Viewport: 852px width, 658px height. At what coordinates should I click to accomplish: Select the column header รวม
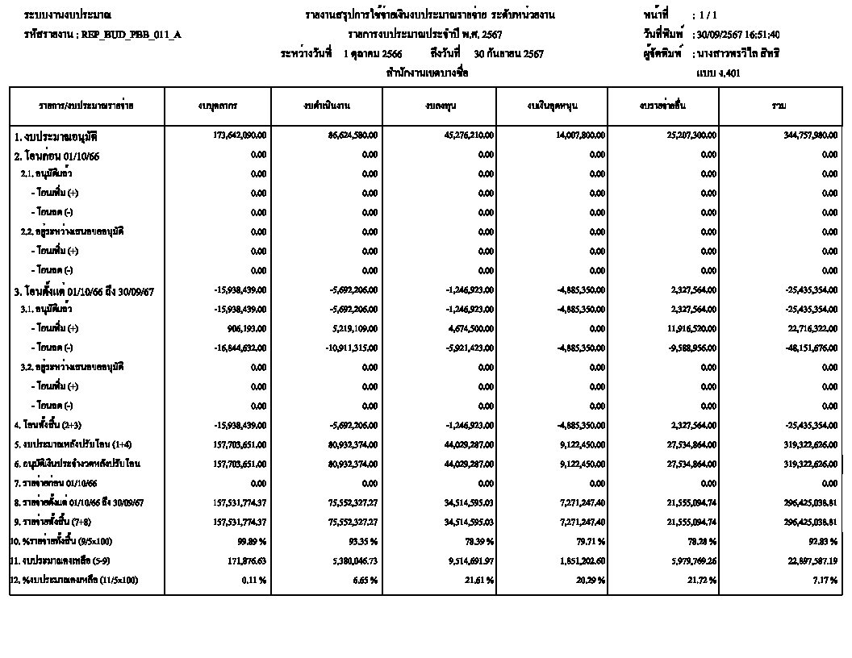pos(779,106)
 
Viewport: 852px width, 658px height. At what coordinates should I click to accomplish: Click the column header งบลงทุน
pos(439,106)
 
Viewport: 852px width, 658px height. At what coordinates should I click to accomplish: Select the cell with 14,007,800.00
pos(575,135)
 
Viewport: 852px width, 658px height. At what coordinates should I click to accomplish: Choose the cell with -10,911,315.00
pos(349,348)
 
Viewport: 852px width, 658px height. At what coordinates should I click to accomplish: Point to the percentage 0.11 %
pos(253,579)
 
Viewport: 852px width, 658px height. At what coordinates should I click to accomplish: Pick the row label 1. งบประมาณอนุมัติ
pos(61,135)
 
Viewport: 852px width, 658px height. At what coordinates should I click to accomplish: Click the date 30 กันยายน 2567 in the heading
pos(509,54)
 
